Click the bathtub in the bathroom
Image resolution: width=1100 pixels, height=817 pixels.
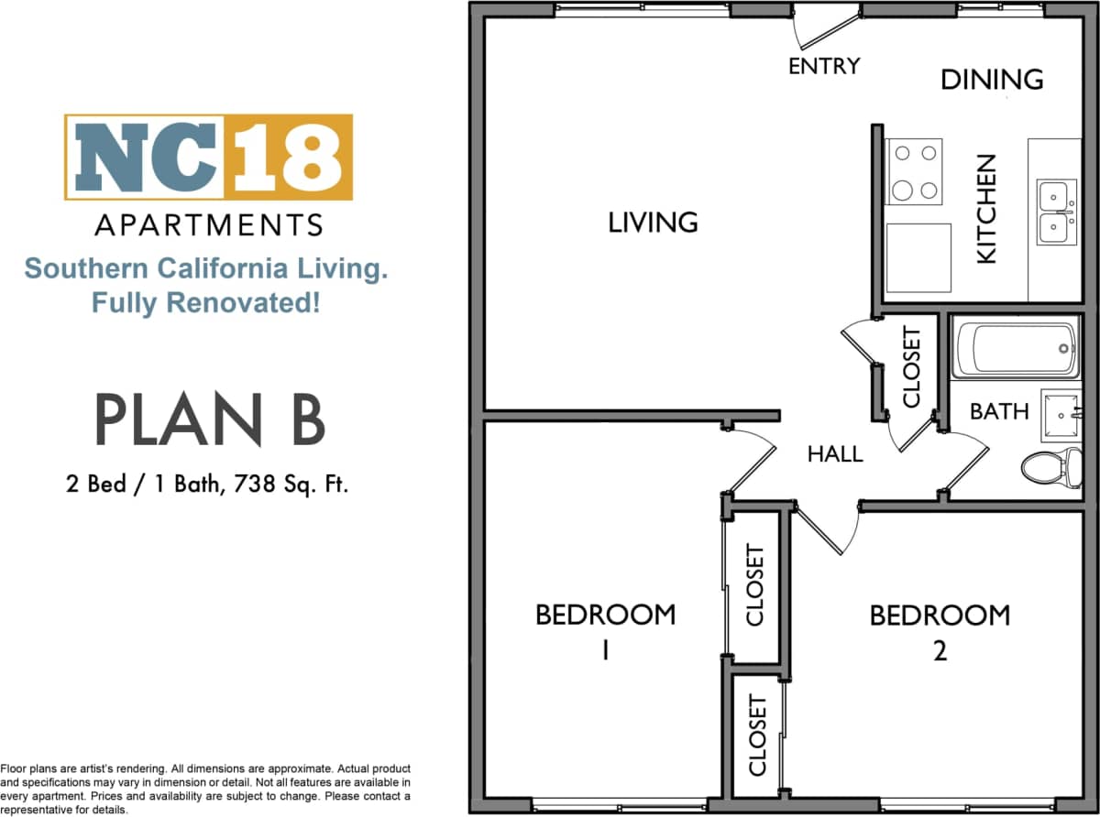point(1016,348)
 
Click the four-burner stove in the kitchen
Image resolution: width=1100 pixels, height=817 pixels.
point(914,171)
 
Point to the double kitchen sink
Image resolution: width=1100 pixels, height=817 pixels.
point(1056,212)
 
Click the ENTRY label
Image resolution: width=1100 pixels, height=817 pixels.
point(824,66)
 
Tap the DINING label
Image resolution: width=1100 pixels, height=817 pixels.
point(992,80)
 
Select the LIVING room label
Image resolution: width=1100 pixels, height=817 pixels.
point(653,222)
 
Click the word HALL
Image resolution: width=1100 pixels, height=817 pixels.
point(834,453)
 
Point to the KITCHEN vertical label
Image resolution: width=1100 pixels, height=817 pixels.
point(985,209)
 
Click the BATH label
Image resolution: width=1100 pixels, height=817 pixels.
point(999,411)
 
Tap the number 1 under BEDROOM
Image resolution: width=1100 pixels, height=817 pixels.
point(605,650)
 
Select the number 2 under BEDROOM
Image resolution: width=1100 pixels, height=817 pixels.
point(939,650)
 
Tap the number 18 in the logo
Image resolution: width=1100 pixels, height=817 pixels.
point(288,157)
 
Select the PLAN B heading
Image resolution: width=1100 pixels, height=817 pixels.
point(210,419)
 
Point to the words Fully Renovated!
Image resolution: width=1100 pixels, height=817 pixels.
point(206,301)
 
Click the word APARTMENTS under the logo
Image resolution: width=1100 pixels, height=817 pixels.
point(209,224)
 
